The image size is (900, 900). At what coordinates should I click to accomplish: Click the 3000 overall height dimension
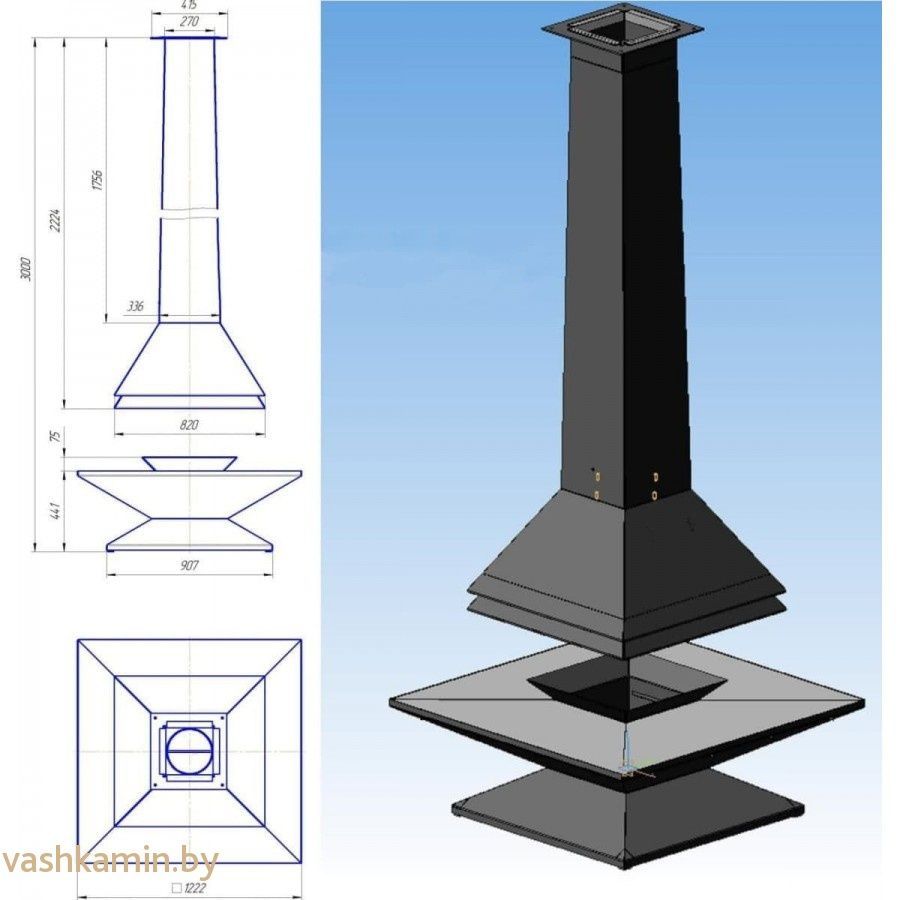[x=25, y=269]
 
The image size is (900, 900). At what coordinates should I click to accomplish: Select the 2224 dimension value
[x=55, y=220]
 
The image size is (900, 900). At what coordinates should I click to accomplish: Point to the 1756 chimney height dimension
[x=97, y=180]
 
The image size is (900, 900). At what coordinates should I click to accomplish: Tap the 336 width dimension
[x=135, y=306]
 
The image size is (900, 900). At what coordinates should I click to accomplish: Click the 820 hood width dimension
[x=189, y=425]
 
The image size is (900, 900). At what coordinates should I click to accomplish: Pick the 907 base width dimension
[x=189, y=565]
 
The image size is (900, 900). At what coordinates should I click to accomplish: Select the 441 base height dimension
[x=56, y=510]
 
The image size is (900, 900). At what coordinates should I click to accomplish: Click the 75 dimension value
[x=55, y=436]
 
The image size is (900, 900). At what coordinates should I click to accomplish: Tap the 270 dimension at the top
[x=189, y=22]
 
